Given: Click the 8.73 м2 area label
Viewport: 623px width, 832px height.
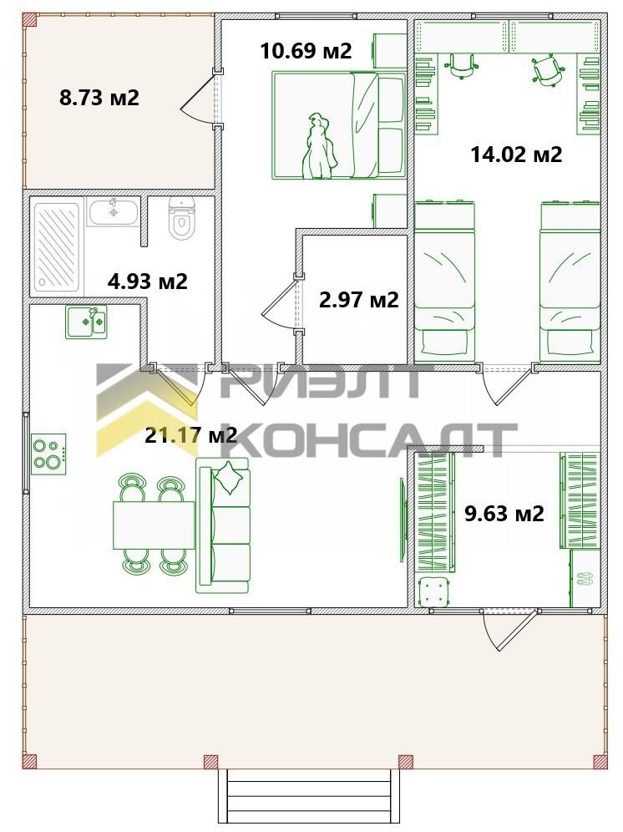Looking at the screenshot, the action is [x=99, y=99].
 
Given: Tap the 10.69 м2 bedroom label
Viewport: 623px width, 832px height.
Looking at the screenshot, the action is [x=306, y=51].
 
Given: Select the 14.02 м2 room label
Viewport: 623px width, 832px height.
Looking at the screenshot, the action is [x=516, y=155].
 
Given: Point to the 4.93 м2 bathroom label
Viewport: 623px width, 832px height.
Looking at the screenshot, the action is [x=148, y=281].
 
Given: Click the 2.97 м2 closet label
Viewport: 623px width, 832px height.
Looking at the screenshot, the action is [x=359, y=300].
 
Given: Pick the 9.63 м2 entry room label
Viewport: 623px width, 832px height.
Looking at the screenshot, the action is [x=504, y=514].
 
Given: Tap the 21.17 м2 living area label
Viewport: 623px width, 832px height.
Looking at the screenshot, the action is [x=191, y=435].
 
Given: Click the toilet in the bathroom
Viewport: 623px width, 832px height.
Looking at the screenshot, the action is [x=181, y=219].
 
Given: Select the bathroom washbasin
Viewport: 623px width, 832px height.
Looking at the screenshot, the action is [x=113, y=211].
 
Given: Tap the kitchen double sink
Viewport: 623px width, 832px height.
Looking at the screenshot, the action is [x=87, y=322].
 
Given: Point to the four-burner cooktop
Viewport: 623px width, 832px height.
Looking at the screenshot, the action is [x=48, y=454].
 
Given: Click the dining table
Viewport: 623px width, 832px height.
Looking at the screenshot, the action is [x=154, y=525].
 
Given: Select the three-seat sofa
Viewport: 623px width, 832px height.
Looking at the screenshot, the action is [x=222, y=525].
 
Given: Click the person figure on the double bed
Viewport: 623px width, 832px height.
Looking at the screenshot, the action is [x=317, y=146].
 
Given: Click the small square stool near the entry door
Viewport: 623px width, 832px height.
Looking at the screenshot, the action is [x=434, y=592].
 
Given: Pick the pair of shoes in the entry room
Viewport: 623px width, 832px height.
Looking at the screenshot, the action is [x=585, y=578].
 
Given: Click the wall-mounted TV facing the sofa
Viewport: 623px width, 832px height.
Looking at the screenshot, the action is [x=403, y=520].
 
